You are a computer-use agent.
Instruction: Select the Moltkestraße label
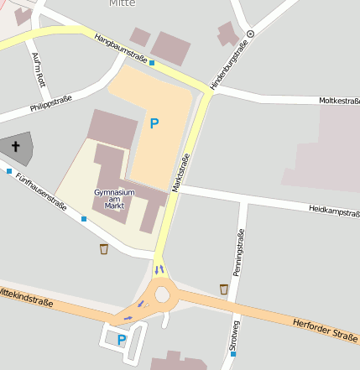[x=339, y=101]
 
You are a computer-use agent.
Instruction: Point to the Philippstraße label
[x=50, y=104]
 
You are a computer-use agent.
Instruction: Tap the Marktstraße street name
[x=180, y=174]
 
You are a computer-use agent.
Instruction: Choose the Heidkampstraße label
[x=334, y=209]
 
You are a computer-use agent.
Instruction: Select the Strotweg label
[x=234, y=335]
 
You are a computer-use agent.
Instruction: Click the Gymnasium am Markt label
[x=114, y=199]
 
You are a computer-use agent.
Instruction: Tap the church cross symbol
[x=15, y=147]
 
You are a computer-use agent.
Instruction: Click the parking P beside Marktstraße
[x=154, y=123]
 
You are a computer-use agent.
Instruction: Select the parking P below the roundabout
[x=122, y=340]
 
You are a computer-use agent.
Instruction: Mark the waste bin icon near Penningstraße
[x=223, y=289]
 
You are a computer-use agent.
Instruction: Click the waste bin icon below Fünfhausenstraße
[x=103, y=248]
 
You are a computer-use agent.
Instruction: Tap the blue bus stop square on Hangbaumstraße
[x=153, y=62]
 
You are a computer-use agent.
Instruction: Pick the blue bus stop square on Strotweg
[x=232, y=354]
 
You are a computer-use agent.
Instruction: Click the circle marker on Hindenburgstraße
[x=250, y=34]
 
